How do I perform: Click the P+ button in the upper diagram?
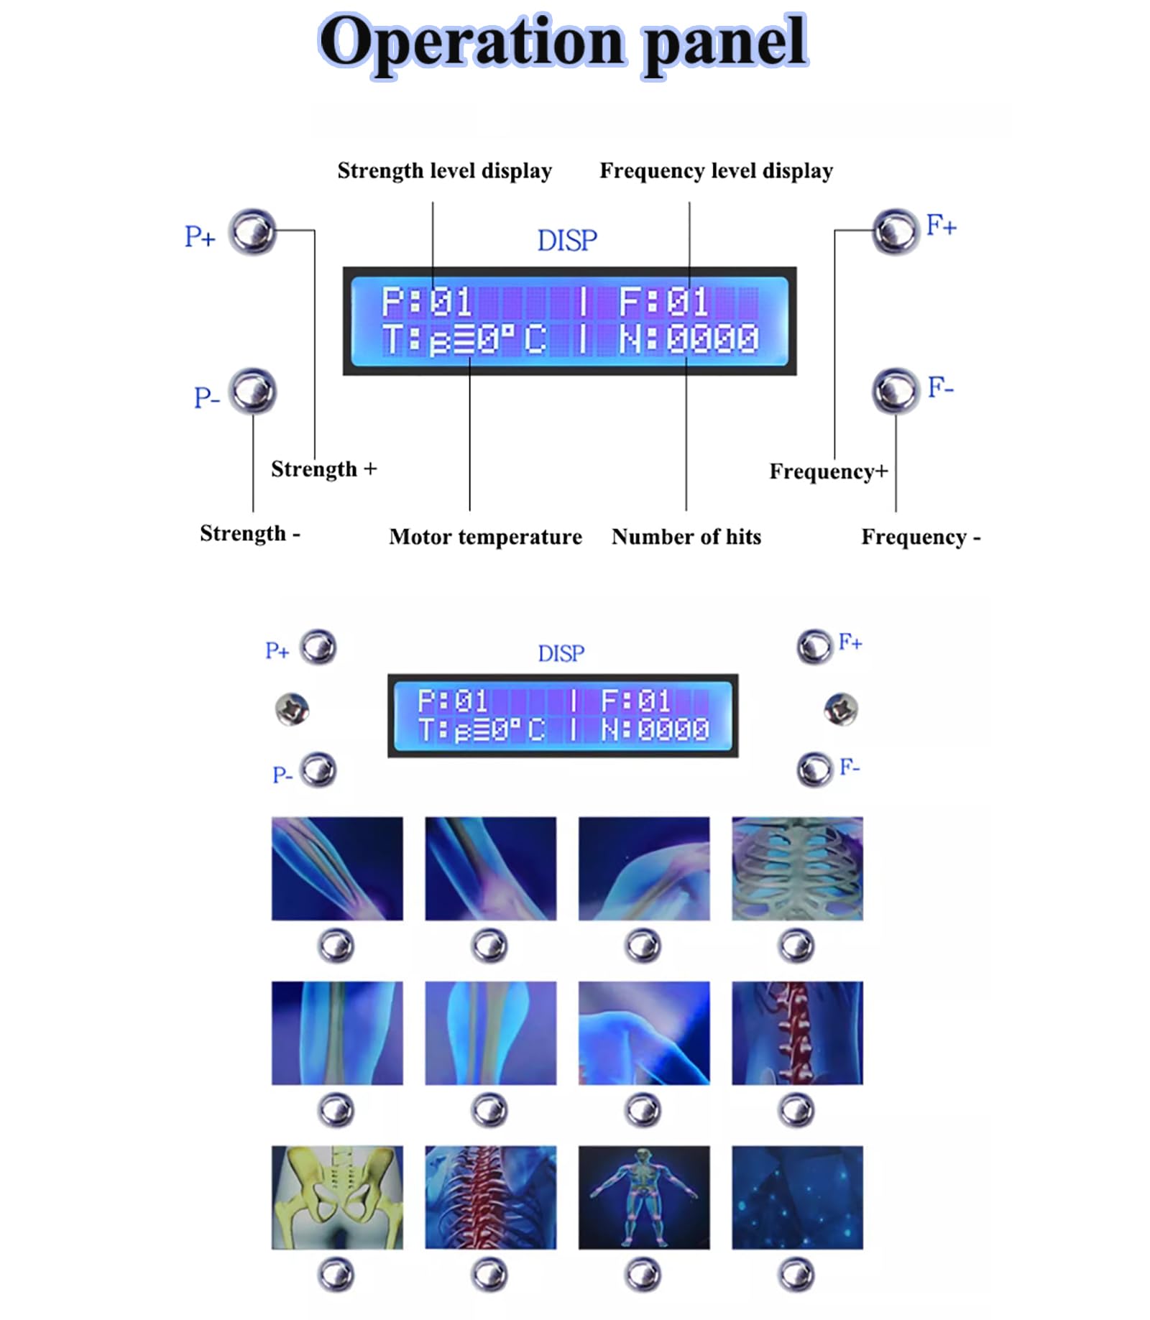[252, 231]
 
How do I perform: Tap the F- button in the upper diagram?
[896, 390]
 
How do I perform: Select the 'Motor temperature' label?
[485, 537]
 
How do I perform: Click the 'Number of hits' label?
[686, 537]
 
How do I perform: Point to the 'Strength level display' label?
[444, 171]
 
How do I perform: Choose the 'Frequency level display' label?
[716, 171]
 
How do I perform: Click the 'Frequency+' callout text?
[828, 471]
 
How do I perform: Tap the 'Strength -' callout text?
[249, 533]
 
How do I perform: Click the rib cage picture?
[797, 868]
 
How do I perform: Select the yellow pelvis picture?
[337, 1197]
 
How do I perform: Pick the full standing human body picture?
[643, 1197]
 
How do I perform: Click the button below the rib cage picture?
[796, 945]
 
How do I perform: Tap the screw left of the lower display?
[292, 709]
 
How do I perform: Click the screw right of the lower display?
[840, 709]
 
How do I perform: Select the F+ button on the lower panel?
[814, 646]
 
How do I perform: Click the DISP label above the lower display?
[561, 654]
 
